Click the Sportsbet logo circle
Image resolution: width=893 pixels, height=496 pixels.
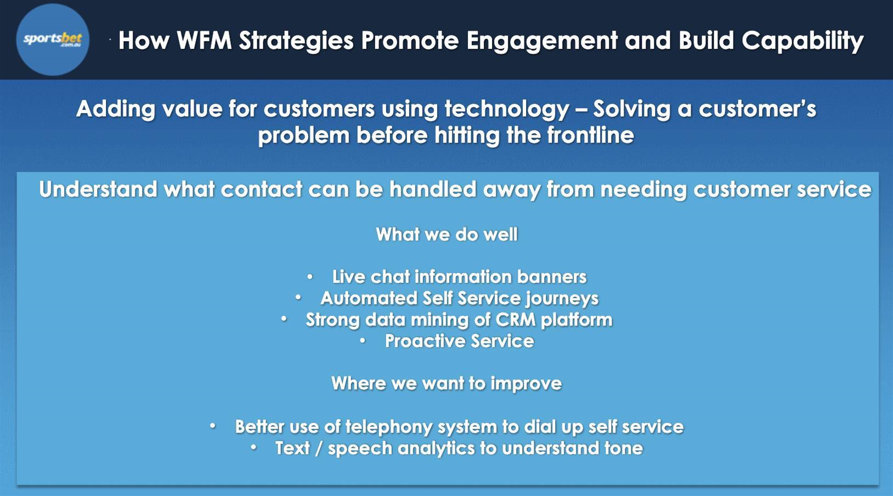pyautogui.click(x=53, y=40)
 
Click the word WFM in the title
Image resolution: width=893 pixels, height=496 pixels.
pyautogui.click(x=204, y=40)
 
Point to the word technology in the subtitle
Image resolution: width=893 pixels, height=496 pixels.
pyautogui.click(x=507, y=109)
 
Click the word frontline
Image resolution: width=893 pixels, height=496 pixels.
pyautogui.click(x=590, y=135)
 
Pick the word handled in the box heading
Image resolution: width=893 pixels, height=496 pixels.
pyautogui.click(x=433, y=189)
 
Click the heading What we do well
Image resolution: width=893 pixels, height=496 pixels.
pyautogui.click(x=447, y=234)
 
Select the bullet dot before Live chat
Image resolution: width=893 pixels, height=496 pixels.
pyautogui.click(x=310, y=276)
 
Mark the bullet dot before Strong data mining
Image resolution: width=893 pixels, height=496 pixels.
pyautogui.click(x=284, y=319)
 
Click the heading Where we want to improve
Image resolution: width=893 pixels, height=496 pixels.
pyautogui.click(x=446, y=383)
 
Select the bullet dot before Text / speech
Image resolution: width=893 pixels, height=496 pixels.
pyautogui.click(x=253, y=448)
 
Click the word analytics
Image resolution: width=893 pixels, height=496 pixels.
pyautogui.click(x=436, y=448)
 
